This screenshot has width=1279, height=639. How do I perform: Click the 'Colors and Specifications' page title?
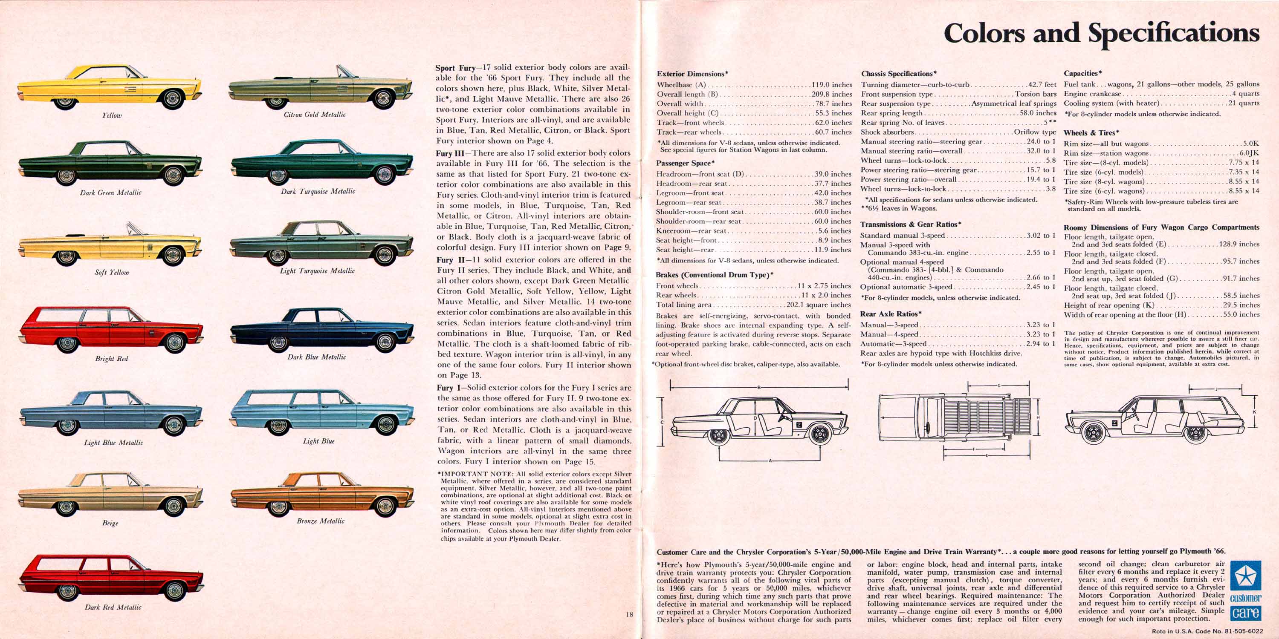(1101, 33)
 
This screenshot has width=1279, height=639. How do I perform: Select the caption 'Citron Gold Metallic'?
(314, 115)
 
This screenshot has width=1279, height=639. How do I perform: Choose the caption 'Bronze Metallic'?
(320, 521)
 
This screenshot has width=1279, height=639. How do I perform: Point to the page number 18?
(630, 615)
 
